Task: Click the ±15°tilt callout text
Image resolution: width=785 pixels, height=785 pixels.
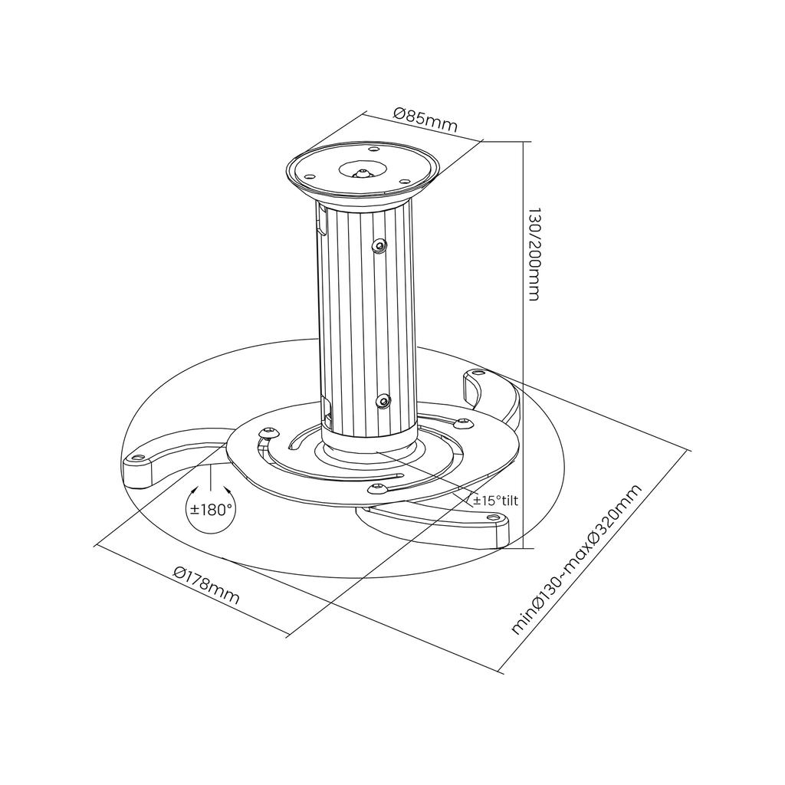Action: (x=496, y=501)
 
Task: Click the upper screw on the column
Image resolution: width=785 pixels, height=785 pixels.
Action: (x=379, y=245)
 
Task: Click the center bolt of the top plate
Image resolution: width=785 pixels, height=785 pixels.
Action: (x=361, y=171)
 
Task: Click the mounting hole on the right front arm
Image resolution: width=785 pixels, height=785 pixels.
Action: (x=489, y=518)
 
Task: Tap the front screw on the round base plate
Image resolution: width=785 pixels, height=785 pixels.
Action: (x=376, y=488)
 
